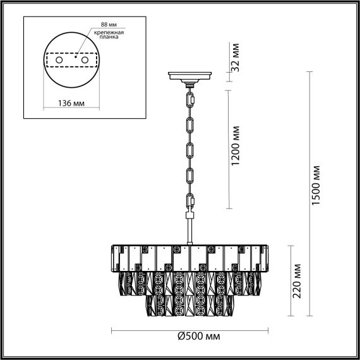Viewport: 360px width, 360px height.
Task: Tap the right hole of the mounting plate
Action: click(82, 60)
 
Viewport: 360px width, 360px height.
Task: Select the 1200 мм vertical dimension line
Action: click(227, 148)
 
